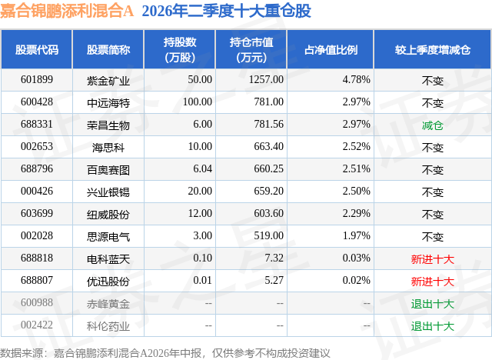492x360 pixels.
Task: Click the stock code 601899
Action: pos(37,80)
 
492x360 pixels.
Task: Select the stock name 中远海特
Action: pos(108,102)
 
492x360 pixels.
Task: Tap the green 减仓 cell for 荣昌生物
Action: pos(432,125)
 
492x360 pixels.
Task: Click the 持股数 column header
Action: pos(180,49)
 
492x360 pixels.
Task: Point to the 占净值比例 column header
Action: pos(331,49)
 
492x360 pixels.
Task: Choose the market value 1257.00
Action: pos(266,80)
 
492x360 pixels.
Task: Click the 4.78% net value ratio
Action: pos(356,80)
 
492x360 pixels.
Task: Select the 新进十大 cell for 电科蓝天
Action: pos(432,259)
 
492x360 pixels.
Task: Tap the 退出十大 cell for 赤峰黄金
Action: pos(432,304)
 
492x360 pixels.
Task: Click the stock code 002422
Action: pos(37,325)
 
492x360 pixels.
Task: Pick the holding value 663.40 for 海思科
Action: pos(268,147)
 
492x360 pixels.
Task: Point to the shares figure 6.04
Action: pos(202,169)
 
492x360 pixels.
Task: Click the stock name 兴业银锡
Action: pos(108,192)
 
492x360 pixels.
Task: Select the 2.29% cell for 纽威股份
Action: pos(356,213)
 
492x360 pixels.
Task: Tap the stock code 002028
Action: pos(37,235)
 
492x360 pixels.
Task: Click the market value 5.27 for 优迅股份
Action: pos(274,280)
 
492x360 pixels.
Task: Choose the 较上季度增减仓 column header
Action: pos(433,49)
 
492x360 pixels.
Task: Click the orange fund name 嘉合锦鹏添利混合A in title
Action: pos(67,11)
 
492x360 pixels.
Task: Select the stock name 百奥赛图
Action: pos(108,170)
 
